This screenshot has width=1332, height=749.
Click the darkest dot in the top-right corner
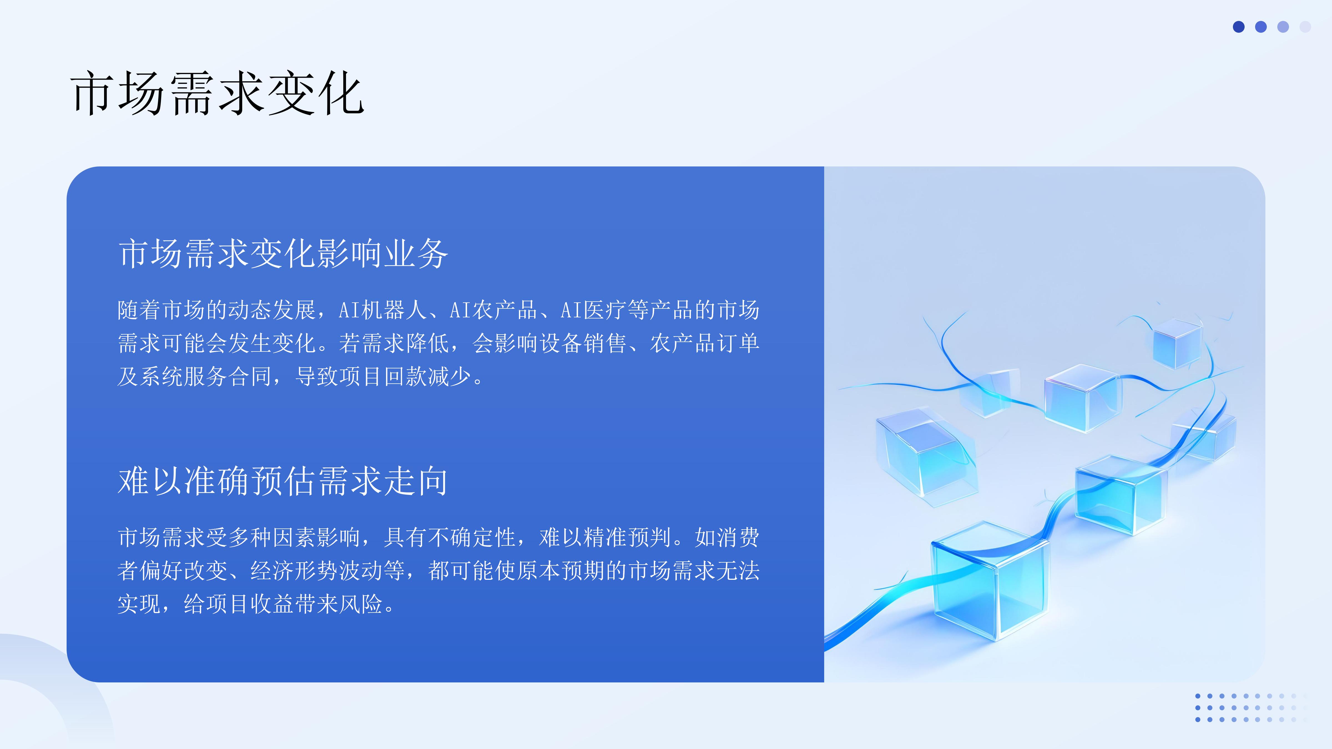[1238, 27]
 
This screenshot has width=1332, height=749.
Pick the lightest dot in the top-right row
[1305, 27]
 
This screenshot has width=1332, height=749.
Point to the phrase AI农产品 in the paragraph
[494, 310]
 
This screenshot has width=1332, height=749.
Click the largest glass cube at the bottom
[990, 581]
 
